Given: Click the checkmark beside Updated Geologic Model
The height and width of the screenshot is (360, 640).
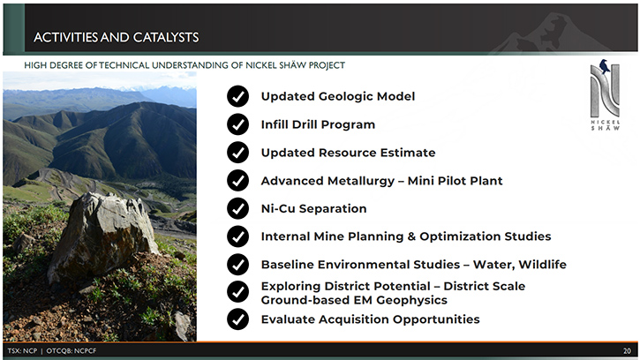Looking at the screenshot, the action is pyautogui.click(x=237, y=96).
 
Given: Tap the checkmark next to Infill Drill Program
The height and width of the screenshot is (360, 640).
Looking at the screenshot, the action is pyautogui.click(x=237, y=124).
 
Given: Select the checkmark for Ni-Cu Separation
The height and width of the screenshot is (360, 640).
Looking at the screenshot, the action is pyautogui.click(x=237, y=208).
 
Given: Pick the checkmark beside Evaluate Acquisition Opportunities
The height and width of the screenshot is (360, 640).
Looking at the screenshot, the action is pyautogui.click(x=237, y=319).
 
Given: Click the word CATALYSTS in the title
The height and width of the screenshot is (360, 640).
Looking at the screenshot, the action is pyautogui.click(x=166, y=38).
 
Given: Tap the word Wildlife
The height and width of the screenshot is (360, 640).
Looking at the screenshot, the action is pyautogui.click(x=542, y=265).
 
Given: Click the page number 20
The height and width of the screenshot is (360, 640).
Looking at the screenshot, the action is pyautogui.click(x=627, y=350).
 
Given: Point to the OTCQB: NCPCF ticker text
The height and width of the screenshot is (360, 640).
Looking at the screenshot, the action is pyautogui.click(x=72, y=350).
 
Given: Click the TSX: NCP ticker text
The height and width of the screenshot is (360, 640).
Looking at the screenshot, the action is pyautogui.click(x=22, y=350).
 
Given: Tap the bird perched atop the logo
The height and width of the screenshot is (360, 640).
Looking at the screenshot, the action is pyautogui.click(x=604, y=66).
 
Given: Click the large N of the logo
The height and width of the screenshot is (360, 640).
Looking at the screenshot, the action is pyautogui.click(x=605, y=92).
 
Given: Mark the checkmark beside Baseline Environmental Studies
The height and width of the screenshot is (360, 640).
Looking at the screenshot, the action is pyautogui.click(x=237, y=265).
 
